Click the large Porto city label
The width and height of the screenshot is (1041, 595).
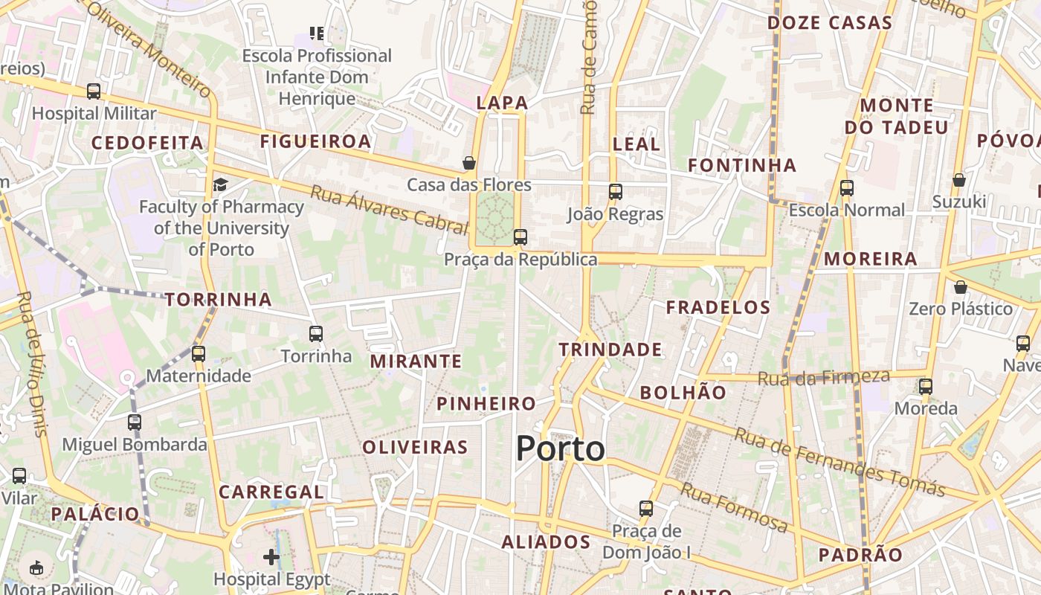coord(560,449)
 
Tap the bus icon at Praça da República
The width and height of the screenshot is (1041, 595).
coord(520,237)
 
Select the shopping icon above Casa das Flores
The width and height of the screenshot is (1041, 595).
coord(469,162)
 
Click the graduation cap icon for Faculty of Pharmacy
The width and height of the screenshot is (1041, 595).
coord(220,184)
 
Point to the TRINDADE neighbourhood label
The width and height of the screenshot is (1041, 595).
coord(610,350)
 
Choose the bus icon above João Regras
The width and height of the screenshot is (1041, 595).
coord(615,192)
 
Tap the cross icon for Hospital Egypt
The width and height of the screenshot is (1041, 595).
coord(271,556)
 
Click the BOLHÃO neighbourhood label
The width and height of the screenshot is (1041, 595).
coord(683,393)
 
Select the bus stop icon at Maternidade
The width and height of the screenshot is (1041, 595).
coord(198,354)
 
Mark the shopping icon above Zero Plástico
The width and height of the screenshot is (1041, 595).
coord(961,286)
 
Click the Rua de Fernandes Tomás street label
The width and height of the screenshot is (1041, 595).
coord(839,463)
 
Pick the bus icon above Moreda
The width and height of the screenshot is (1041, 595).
coord(926,387)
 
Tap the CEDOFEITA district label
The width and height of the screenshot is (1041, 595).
coord(147,143)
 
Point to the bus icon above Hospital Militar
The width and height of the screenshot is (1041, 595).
coord(94,91)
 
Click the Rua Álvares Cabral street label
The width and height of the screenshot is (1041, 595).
coord(388,210)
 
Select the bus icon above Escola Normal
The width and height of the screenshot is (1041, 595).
coord(847,188)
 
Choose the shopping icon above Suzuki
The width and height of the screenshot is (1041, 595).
coord(959,180)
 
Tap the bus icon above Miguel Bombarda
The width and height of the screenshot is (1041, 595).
coord(135,422)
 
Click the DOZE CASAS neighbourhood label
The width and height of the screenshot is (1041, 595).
coord(829,23)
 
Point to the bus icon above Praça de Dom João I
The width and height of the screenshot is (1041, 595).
coord(646,509)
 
